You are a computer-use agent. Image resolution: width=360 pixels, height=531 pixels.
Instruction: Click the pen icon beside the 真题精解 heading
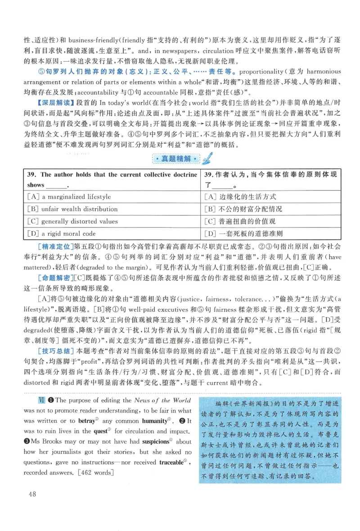(207, 159)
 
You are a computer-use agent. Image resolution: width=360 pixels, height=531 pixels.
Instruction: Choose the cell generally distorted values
(79, 221)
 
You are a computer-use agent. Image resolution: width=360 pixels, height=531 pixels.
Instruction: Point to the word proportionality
(266, 71)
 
